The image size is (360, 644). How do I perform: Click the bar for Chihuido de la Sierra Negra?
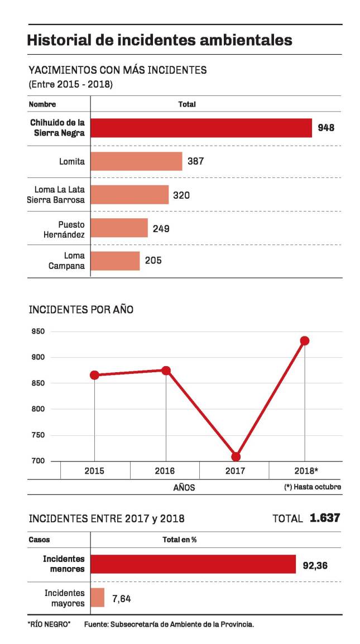coord(201,128)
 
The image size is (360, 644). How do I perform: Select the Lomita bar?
coord(136,161)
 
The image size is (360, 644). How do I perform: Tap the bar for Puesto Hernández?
coord(119,228)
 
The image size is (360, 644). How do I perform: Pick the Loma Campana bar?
coord(115,260)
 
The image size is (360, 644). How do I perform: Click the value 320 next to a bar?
coord(181,195)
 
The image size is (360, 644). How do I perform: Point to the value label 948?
coord(325,128)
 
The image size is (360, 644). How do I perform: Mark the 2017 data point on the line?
coord(236,456)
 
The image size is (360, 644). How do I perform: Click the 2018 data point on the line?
coord(304,340)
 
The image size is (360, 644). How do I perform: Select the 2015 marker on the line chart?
coord(94,375)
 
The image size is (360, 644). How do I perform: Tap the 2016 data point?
coord(166,371)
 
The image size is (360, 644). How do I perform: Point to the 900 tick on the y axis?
coord(39,357)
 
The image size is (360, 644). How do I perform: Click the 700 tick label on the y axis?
coord(39,461)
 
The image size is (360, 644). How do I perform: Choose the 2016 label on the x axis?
coord(165,471)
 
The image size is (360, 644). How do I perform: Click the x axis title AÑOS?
coord(184,487)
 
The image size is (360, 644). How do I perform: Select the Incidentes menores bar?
coord(193,564)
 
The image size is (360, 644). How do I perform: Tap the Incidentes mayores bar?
coord(98,598)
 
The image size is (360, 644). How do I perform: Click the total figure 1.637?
coord(325,518)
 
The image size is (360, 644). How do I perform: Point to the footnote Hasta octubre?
coord(313,487)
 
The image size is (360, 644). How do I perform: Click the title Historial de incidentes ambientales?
coord(160,40)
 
